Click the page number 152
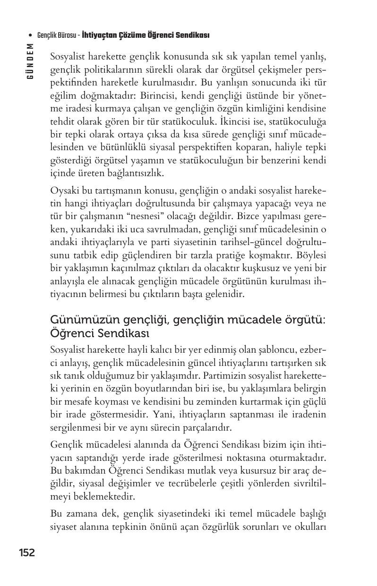[x=27, y=553]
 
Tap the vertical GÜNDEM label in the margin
[x=30, y=61]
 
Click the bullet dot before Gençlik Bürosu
[x=30, y=36]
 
